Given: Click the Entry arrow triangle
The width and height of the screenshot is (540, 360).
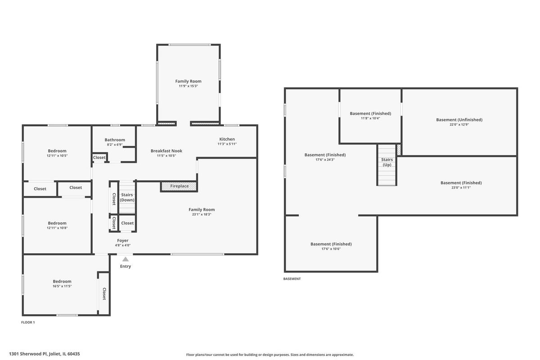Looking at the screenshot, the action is pos(126,259).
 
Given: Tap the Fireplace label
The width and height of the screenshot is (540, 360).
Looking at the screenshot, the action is pos(180,186).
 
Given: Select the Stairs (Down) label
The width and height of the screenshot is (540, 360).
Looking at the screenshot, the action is pos(127,197).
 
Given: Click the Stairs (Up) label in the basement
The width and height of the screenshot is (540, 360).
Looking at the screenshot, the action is pos(387,162).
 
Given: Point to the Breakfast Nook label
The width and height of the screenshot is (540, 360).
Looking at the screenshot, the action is pos(166,151).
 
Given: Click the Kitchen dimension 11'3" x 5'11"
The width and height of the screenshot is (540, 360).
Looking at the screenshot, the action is pos(227,144).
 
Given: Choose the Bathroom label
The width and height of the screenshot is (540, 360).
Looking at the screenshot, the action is pos(115,140).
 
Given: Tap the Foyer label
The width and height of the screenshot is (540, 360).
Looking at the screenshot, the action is pos(123,240).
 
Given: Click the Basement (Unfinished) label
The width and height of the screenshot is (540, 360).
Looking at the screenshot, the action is pos(459,120).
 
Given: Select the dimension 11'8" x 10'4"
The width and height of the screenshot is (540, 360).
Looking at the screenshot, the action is pos(370,118).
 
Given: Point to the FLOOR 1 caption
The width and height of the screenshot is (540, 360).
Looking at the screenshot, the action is pos(28,322).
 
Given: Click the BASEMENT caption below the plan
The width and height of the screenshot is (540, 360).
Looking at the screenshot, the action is pos(292,279).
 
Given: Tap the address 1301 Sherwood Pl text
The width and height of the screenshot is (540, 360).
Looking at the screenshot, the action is pos(28,354).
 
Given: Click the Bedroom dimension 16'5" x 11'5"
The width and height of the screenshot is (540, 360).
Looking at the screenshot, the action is pos(62,286).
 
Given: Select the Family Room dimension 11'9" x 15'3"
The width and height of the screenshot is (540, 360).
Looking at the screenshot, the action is pos(188,86).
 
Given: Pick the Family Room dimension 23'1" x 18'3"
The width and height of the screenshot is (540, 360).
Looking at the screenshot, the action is pos(202,214).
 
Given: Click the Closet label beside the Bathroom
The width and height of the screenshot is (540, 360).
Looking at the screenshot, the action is pos(99,157).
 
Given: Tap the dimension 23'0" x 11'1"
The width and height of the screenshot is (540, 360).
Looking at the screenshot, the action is pos(461,188).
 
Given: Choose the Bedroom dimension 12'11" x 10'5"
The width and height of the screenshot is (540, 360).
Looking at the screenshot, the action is pos(57,156).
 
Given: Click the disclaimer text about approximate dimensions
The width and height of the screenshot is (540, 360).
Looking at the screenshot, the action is pos(270,355).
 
